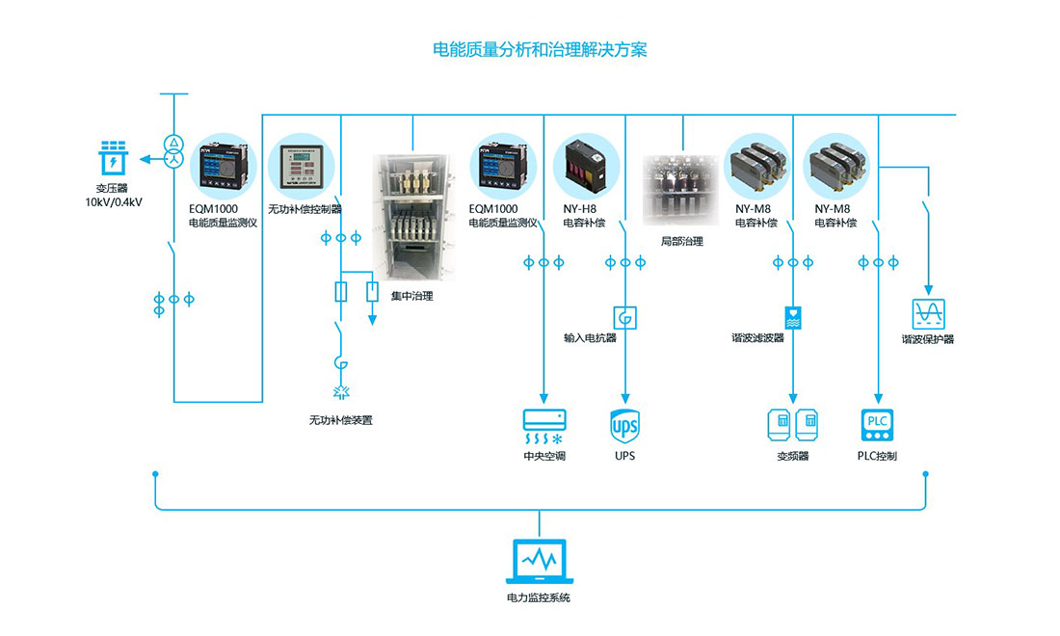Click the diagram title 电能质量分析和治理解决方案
tap(539, 50)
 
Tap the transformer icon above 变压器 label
tap(114, 159)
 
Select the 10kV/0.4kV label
tap(114, 201)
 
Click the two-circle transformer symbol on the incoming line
tap(173, 149)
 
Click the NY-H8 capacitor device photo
tap(585, 163)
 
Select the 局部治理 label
tap(681, 241)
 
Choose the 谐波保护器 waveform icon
tap(929, 312)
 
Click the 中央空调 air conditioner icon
tap(545, 425)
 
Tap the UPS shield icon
tap(624, 424)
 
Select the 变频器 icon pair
tap(792, 424)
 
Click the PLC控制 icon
tap(877, 425)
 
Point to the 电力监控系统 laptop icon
tap(539, 562)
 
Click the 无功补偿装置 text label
tap(340, 420)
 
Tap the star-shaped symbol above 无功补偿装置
tap(340, 392)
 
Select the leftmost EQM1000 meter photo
tap(221, 166)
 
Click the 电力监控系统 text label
tap(539, 598)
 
